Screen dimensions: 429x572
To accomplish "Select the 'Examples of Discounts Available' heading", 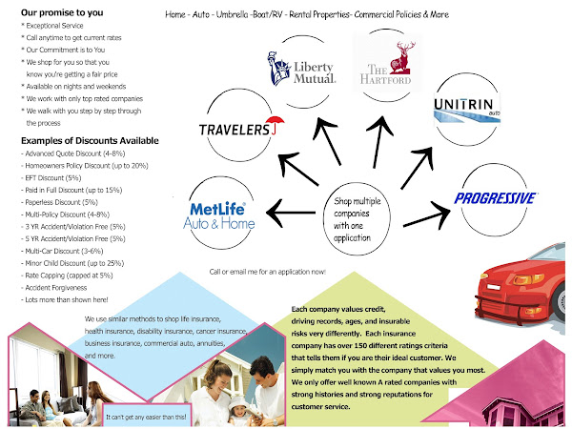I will pos(76,142).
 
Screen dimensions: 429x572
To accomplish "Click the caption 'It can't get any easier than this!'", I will pos(148,416).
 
